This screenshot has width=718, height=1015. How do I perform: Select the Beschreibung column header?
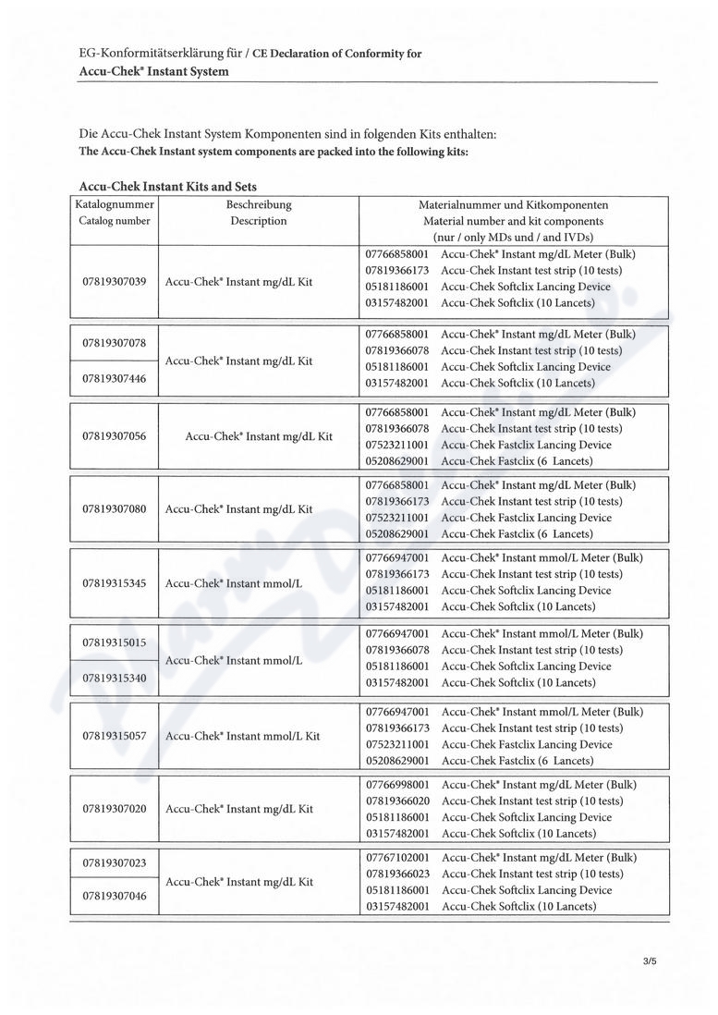259,204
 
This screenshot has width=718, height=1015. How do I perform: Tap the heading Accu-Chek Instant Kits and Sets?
167,187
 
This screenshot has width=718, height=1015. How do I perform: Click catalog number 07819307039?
115,281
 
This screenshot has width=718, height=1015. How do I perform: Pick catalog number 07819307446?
115,378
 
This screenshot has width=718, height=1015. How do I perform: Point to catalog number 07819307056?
115,435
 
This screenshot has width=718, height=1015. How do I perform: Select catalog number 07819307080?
115,508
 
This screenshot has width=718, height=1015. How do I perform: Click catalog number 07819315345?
115,583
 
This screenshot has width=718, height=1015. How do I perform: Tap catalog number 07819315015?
115,642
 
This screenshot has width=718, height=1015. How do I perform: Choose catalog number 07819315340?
115,678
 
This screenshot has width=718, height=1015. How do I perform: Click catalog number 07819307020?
115,809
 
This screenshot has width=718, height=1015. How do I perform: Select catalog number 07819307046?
115,897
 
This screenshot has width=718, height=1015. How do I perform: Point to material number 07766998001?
397,784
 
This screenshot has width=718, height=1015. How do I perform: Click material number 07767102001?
397,858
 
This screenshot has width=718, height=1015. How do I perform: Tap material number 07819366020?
397,801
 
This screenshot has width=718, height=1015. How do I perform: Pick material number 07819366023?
397,874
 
